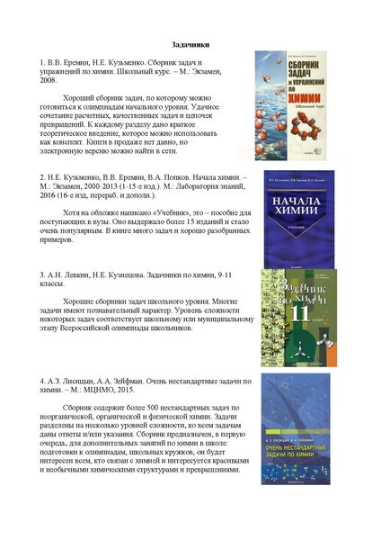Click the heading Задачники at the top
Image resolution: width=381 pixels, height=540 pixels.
(190, 42)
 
